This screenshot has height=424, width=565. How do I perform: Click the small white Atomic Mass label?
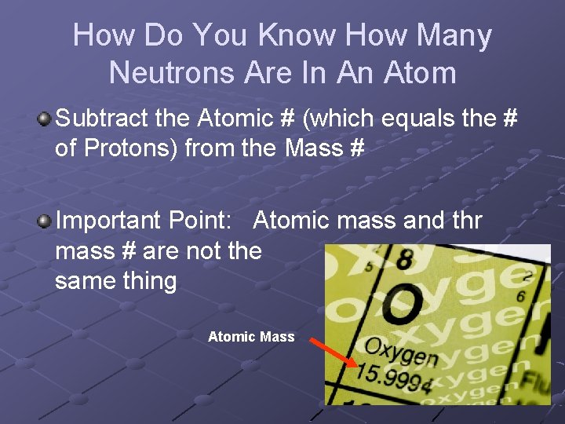[251, 337]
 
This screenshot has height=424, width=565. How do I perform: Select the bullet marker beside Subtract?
[44, 119]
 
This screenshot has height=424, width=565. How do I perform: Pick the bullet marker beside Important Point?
[44, 221]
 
